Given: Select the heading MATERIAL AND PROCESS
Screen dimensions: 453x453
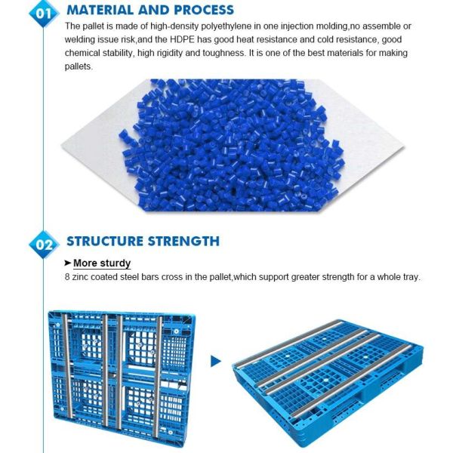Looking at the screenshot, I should (150, 11).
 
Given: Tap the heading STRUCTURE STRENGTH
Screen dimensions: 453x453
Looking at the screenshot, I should (143, 242).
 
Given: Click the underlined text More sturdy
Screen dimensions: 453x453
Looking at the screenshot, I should (102, 263).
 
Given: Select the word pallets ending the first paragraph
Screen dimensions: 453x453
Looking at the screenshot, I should (79, 66).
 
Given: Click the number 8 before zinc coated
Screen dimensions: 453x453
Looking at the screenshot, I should (68, 277).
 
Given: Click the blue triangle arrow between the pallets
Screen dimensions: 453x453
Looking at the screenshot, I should (216, 362).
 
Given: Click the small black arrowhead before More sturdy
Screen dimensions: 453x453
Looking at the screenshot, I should (67, 263).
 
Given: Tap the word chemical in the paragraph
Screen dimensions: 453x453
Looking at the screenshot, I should (85, 54).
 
